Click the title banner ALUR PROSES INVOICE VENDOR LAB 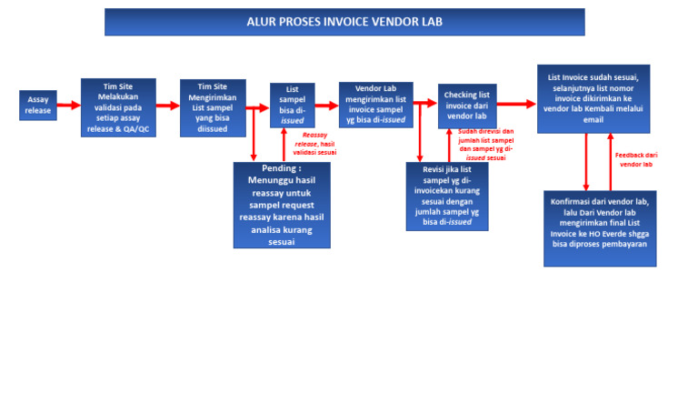coord(344,22)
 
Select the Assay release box coord(38,105)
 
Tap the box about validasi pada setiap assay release coord(118,106)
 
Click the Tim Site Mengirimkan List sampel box coord(213,106)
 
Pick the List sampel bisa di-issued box coord(293,106)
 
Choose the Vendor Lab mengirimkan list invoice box coord(376,105)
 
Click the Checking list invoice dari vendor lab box coord(467,105)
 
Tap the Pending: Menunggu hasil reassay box coord(282,205)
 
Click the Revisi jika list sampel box coord(446,196)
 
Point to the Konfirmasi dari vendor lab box coord(600,227)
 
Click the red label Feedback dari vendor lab coord(636,159)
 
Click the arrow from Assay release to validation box coord(69,105)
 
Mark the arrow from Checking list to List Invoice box coord(516,105)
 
